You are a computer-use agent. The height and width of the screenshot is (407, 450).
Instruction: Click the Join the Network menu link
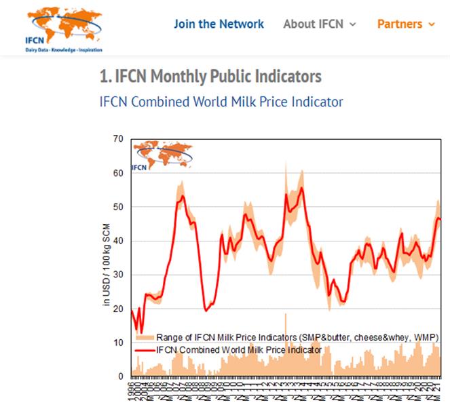coord(219,24)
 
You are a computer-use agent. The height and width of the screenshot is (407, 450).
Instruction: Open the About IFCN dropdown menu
coord(319,24)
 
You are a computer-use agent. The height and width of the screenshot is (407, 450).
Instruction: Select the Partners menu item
coord(400,24)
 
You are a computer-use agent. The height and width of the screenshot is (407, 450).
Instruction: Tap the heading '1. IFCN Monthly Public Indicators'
coord(210,76)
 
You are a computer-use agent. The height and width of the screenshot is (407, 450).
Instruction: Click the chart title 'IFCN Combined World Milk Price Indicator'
coord(221,102)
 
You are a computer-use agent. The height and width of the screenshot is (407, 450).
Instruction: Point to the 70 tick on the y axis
coord(118,139)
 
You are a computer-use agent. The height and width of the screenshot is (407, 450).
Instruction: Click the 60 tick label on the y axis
coord(118,173)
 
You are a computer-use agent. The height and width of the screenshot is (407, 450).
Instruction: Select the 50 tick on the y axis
coord(118,207)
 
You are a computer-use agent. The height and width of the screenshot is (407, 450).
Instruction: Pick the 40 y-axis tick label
coord(118,241)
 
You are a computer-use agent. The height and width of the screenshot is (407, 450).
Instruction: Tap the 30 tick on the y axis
coord(118,275)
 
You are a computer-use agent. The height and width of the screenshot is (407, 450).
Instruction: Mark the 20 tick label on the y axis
coord(118,309)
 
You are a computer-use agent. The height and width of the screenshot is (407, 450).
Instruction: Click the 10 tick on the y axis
coord(118,343)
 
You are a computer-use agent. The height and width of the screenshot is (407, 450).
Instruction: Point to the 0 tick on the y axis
coord(121,376)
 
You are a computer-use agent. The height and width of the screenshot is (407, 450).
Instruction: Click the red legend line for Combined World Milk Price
coord(144,350)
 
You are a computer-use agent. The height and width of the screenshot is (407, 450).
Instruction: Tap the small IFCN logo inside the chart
coord(162,155)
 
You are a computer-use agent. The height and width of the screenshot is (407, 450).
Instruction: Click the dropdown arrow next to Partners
coord(431,24)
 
